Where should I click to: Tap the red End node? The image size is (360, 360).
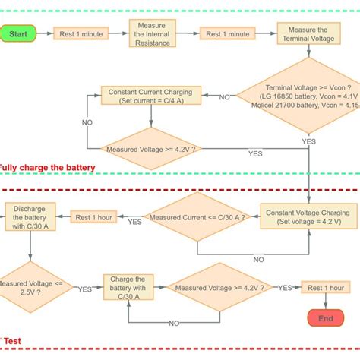pyautogui.click(x=325, y=318)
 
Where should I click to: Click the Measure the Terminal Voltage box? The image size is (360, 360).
pyautogui.click(x=309, y=33)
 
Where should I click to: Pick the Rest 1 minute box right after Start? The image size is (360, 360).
pyautogui.click(x=81, y=34)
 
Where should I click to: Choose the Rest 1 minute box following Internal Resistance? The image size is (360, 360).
pyautogui.click(x=227, y=34)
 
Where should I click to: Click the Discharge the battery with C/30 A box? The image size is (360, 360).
pyautogui.click(x=30, y=217)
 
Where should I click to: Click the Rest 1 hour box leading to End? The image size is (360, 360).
pyautogui.click(x=326, y=288)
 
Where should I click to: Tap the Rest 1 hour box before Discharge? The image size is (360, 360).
pyautogui.click(x=93, y=218)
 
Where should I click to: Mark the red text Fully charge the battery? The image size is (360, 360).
pyautogui.click(x=47, y=167)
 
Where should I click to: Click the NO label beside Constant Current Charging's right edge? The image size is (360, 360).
pyautogui.click(x=224, y=97)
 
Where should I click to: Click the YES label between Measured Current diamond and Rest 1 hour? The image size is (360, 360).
pyautogui.click(x=134, y=223)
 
